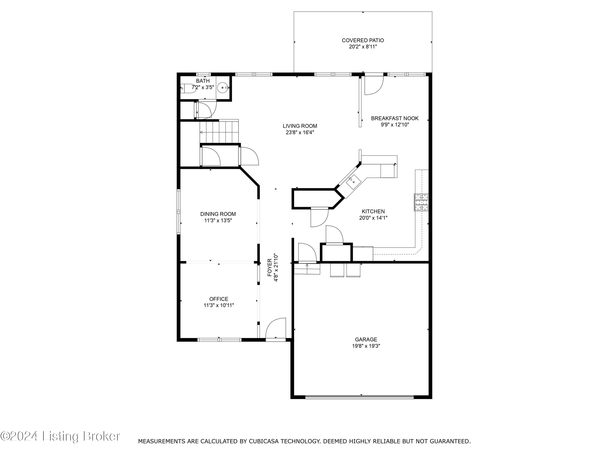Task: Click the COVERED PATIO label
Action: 363,40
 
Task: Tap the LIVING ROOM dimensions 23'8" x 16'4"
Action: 300,132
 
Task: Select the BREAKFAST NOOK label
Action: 394,118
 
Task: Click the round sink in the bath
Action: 222,88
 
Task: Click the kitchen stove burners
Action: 421,202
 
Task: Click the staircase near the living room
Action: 219,132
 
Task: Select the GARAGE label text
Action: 366,339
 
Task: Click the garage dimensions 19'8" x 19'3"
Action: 366,346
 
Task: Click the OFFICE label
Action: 219,299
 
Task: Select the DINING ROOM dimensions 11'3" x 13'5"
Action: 218,220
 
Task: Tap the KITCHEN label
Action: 373,211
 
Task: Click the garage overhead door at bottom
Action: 359,397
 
